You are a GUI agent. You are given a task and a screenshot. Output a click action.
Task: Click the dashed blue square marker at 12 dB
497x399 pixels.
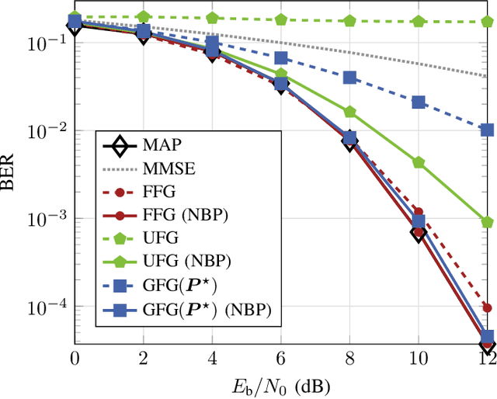[488, 130]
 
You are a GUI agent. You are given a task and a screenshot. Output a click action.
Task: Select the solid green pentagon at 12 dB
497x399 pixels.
[488, 222]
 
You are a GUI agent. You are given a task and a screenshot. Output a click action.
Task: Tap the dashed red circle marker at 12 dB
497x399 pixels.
[488, 307]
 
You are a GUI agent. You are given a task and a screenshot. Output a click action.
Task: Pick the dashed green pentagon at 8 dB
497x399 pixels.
[349, 20]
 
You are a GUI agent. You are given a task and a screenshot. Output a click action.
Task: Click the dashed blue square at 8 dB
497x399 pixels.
[349, 78]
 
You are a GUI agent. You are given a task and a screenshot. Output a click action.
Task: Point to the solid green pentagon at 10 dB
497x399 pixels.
[419, 163]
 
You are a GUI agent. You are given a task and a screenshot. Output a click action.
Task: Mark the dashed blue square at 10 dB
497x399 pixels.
[419, 102]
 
